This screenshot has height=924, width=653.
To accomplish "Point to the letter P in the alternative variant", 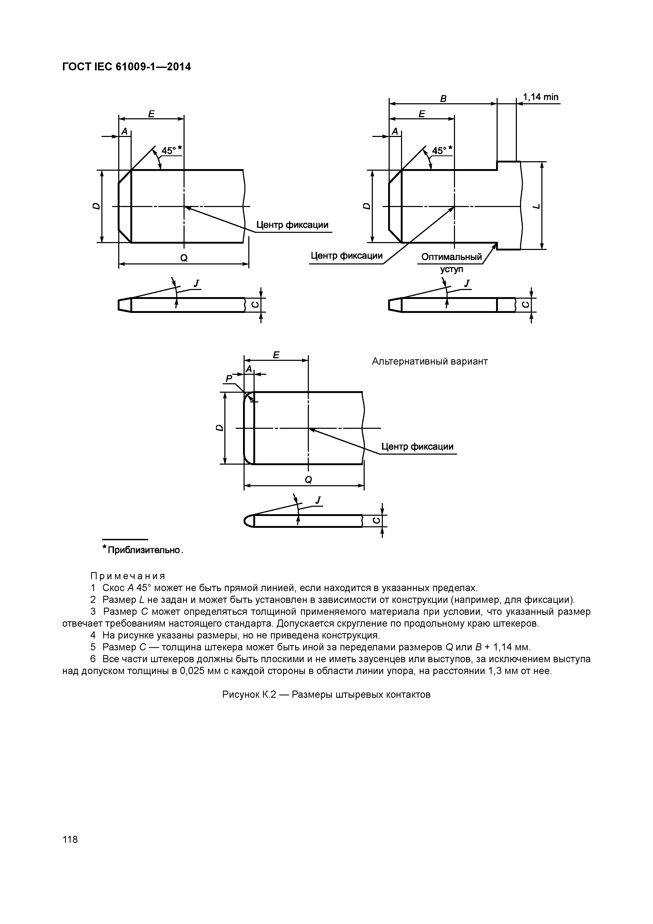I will click(229, 378).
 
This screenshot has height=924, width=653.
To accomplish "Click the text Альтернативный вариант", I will click(430, 361).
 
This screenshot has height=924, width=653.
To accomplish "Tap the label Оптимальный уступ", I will click(451, 262).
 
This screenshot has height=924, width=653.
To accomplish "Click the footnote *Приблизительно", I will click(143, 550).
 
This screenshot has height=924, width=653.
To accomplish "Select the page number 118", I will click(70, 839).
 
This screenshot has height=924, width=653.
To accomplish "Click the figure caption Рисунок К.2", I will click(326, 695).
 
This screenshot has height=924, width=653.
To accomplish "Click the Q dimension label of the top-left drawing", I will click(184, 258).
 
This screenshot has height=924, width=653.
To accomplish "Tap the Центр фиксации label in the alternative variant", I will click(417, 446).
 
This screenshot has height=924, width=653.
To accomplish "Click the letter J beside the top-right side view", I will click(467, 284).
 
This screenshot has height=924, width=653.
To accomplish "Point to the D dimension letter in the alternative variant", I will click(219, 427).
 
